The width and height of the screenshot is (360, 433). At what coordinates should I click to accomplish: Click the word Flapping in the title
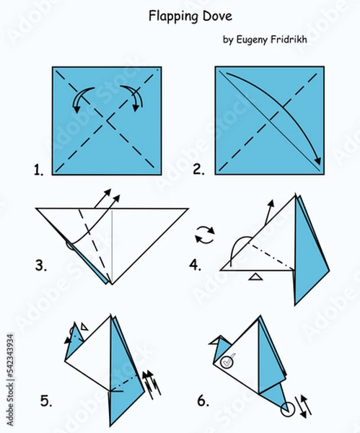pos(173,17)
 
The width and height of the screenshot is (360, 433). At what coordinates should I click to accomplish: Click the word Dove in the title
pos(218,16)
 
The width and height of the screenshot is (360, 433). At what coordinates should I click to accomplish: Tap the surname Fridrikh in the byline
pos(289,39)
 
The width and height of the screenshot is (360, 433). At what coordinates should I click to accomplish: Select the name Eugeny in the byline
pos(252,40)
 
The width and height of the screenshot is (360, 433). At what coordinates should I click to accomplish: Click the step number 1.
pos(39,170)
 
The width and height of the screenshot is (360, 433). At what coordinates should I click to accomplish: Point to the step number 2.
pos(198,170)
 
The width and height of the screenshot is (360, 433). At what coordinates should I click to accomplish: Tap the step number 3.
pos(41,266)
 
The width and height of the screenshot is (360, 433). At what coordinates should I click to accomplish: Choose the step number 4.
pos(195,265)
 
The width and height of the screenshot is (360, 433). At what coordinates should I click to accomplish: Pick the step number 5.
pos(46,401)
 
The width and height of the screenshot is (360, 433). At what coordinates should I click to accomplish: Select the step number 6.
pos(203,401)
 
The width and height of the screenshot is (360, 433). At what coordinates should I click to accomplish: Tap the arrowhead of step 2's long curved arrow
pos(317,161)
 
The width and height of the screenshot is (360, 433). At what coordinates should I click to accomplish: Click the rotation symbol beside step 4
pos(205,235)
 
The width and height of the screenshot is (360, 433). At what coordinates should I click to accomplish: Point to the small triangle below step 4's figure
pos(255,277)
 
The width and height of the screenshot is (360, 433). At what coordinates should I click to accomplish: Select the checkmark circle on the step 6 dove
pos(227,362)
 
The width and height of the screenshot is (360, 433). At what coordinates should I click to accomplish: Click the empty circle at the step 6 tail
pos(288,408)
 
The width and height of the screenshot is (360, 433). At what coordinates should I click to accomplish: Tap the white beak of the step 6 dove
pos(214,341)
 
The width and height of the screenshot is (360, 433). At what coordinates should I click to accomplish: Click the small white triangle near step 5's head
pos(84,327)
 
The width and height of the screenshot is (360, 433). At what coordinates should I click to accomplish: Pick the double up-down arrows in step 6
pos(303,406)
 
